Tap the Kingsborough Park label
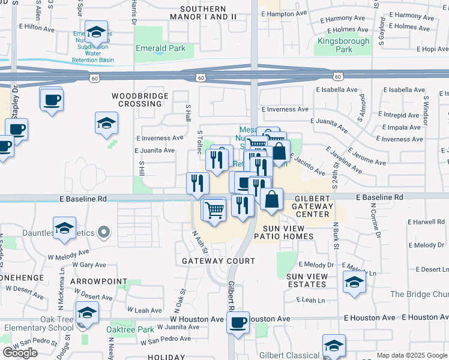pos(335,45)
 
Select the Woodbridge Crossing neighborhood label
pos(137,100)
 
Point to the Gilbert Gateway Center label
pos(312,206)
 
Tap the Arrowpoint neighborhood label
pos(98,281)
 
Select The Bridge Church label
pos(419,294)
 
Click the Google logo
pos(20,353)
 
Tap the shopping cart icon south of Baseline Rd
pos(215,210)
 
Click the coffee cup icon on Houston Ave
pos(238,322)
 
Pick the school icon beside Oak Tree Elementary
pos(88,313)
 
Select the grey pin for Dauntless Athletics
pos(104,231)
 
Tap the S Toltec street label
pos(199,142)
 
